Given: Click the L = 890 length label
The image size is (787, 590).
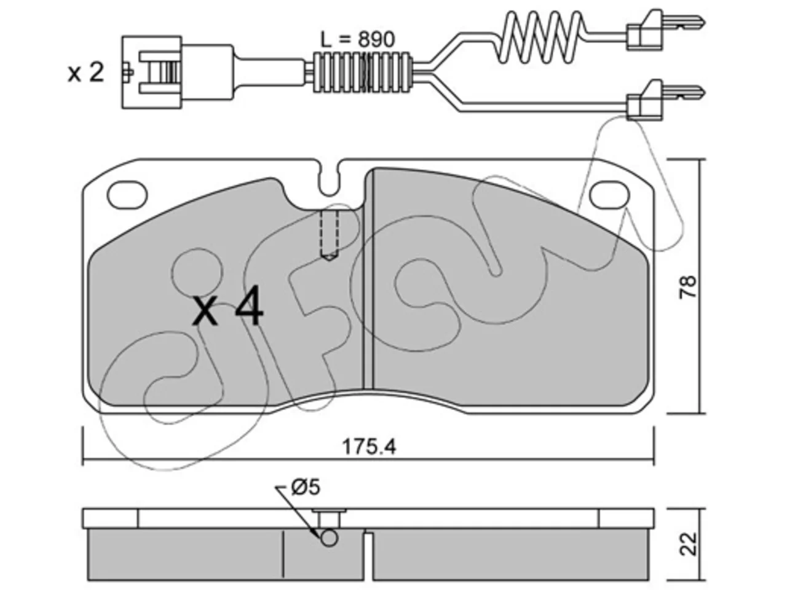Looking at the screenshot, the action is coord(357,39).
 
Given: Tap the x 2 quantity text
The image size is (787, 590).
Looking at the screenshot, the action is coord(85,73).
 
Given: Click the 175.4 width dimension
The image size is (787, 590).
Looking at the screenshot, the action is coord(370,447).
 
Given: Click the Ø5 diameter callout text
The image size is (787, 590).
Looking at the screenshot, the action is coord(305,488).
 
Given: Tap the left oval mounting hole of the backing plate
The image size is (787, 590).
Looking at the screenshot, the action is coord(128,195).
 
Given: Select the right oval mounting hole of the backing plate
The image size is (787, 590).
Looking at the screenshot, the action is coord(610,195).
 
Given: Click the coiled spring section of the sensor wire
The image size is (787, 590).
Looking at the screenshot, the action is coord(540,37).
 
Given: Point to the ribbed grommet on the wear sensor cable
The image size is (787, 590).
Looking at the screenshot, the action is coord(362,73).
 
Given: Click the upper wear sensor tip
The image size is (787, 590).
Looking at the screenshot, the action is coord(665,29).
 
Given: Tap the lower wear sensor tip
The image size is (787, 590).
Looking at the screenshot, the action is coord(665,100).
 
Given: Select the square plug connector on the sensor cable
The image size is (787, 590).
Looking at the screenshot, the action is coord(152,72).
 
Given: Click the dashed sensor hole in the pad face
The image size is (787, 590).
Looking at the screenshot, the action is coord(330,235).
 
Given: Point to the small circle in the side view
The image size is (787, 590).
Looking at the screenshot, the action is coord(329,538).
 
